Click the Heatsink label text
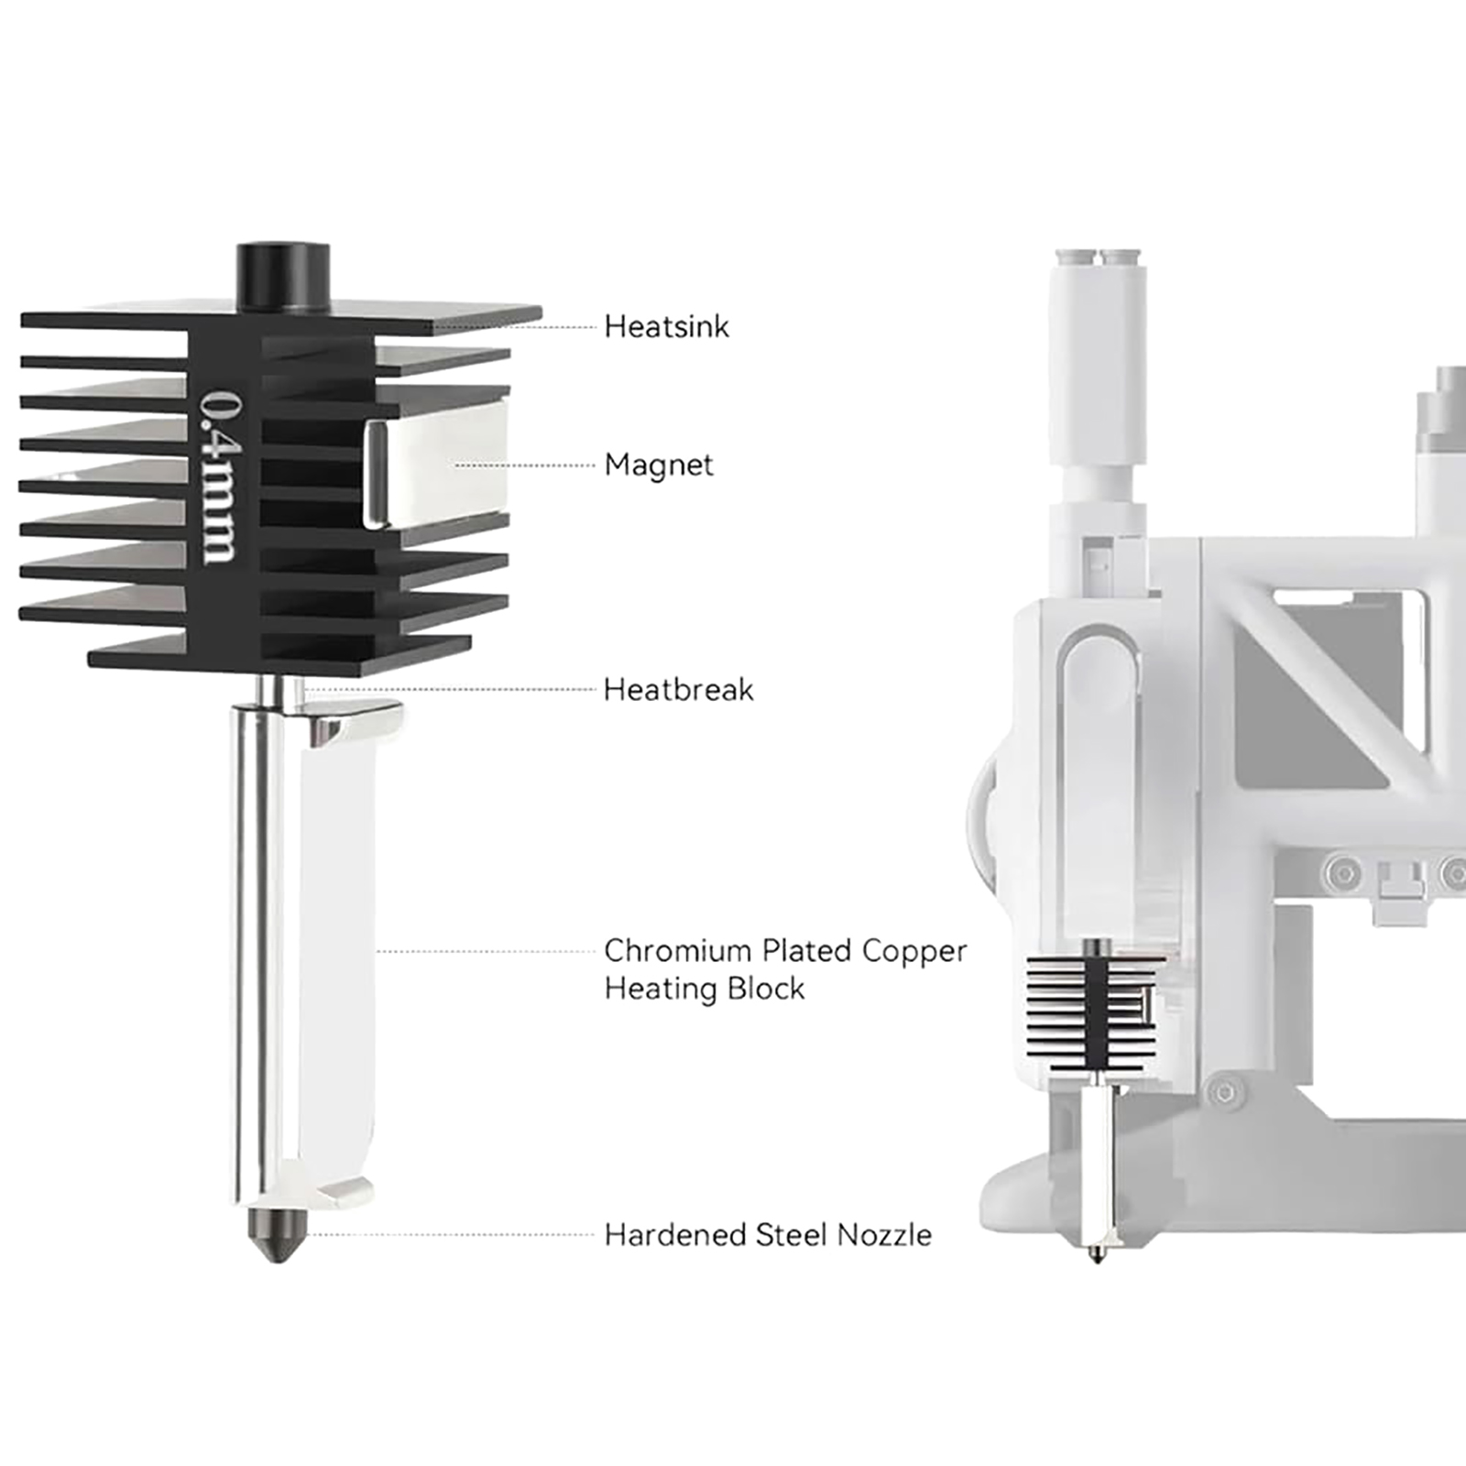(x=666, y=326)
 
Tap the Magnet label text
(x=659, y=465)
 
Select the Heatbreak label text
(x=678, y=689)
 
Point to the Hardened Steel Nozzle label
(x=768, y=1234)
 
